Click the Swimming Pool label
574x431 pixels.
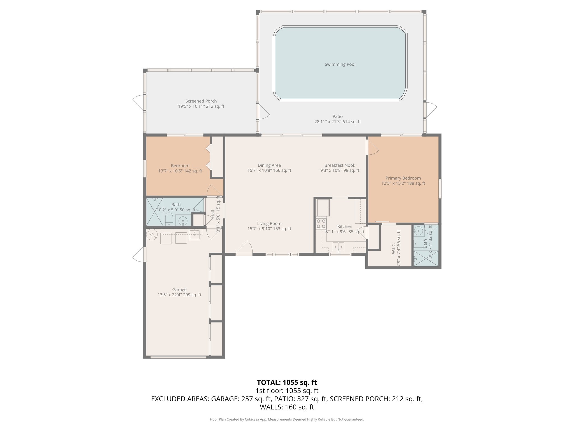click(340, 64)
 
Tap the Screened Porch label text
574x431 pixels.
click(201, 101)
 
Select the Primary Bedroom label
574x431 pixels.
click(403, 178)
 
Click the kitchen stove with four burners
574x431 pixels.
click(321, 224)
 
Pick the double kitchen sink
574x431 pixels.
click(338, 247)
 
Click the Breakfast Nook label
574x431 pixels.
click(340, 165)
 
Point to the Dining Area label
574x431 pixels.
click(269, 165)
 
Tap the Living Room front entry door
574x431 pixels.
click(244, 248)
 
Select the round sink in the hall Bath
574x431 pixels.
click(183, 220)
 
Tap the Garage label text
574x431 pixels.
click(179, 290)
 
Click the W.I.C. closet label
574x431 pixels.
click(393, 249)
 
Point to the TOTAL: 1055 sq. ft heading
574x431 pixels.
click(287, 382)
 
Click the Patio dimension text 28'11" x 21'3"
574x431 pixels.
click(337, 122)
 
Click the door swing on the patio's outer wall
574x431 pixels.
click(431, 110)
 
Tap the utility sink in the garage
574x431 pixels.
click(195, 234)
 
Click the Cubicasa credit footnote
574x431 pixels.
click(287, 419)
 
